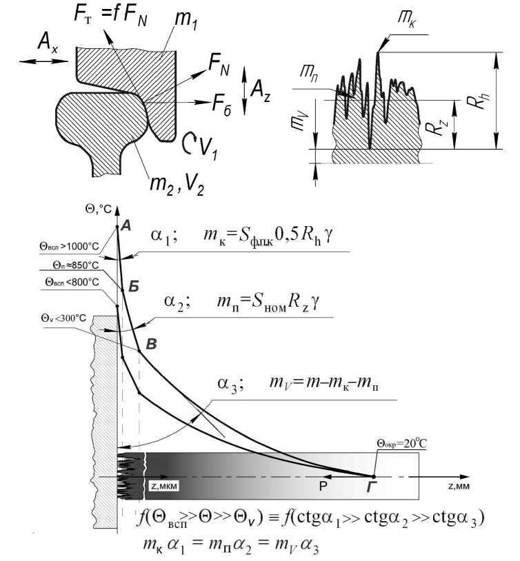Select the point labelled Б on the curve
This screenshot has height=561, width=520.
point(121,290)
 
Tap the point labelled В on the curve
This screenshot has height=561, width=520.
point(139,351)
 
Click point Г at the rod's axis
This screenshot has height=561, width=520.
point(374,476)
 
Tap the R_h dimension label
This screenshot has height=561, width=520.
point(473,102)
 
